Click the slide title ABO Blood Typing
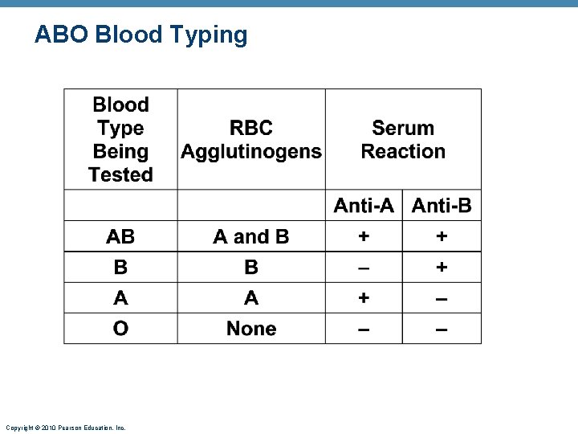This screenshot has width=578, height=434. pyautogui.click(x=141, y=35)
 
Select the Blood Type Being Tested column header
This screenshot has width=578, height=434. pyautogui.click(x=120, y=139)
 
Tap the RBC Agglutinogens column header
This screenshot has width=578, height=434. pyautogui.click(x=251, y=139)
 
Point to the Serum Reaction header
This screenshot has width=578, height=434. pyautogui.click(x=403, y=139)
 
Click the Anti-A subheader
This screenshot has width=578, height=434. pyautogui.click(x=364, y=206)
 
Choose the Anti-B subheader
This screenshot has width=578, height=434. pyautogui.click(x=442, y=206)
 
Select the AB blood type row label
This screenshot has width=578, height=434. pyautogui.click(x=120, y=236)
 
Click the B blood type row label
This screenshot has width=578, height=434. pyautogui.click(x=120, y=267)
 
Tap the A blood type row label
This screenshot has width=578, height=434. pyautogui.click(x=120, y=298)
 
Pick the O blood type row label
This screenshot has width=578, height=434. pyautogui.click(x=120, y=329)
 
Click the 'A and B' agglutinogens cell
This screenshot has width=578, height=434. pyautogui.click(x=251, y=236)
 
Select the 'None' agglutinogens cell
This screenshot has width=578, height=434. pyautogui.click(x=251, y=329)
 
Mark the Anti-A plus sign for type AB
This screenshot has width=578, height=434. pyautogui.click(x=364, y=236)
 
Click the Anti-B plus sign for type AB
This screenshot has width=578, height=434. pyautogui.click(x=442, y=236)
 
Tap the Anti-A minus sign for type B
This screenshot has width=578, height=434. pyautogui.click(x=364, y=268)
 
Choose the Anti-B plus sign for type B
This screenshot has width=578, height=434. pyautogui.click(x=442, y=267)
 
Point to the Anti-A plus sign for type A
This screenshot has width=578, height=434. pyautogui.click(x=364, y=298)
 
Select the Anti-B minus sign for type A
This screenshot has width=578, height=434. pyautogui.click(x=442, y=299)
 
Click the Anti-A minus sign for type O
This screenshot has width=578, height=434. pyautogui.click(x=364, y=330)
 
